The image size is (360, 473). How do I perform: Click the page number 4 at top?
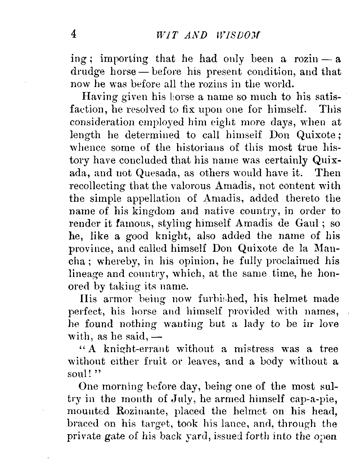pyautogui.click(x=74, y=34)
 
